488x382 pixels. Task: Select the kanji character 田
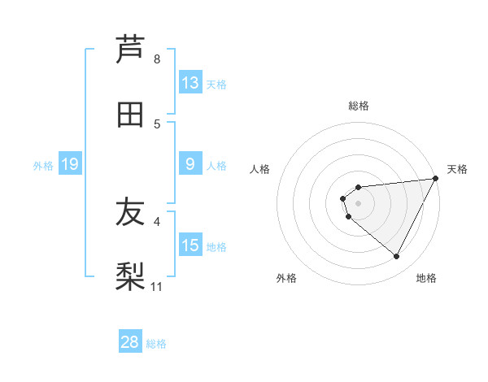pos(130,115)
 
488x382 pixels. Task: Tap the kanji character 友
pos(130,212)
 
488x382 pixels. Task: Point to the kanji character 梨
pos(130,277)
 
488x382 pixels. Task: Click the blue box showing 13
pos(190,83)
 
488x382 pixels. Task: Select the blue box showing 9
pos(190,164)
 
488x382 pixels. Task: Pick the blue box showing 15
pos(190,245)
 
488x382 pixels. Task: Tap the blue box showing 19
pos(69,164)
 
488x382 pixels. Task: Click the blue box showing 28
pos(130,342)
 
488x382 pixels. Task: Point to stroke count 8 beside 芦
pos(157,59)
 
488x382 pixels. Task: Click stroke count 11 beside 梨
pos(157,287)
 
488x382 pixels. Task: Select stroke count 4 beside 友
pos(157,220)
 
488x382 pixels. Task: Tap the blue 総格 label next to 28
pos(156,344)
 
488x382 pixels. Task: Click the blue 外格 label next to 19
pos(43,166)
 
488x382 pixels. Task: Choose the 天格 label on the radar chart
pos(457,169)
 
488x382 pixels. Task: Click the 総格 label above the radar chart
pos(358,106)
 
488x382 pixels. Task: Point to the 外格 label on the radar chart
pos(285,278)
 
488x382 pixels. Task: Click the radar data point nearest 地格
pos(397,257)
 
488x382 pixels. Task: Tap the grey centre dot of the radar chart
pos(358,203)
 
